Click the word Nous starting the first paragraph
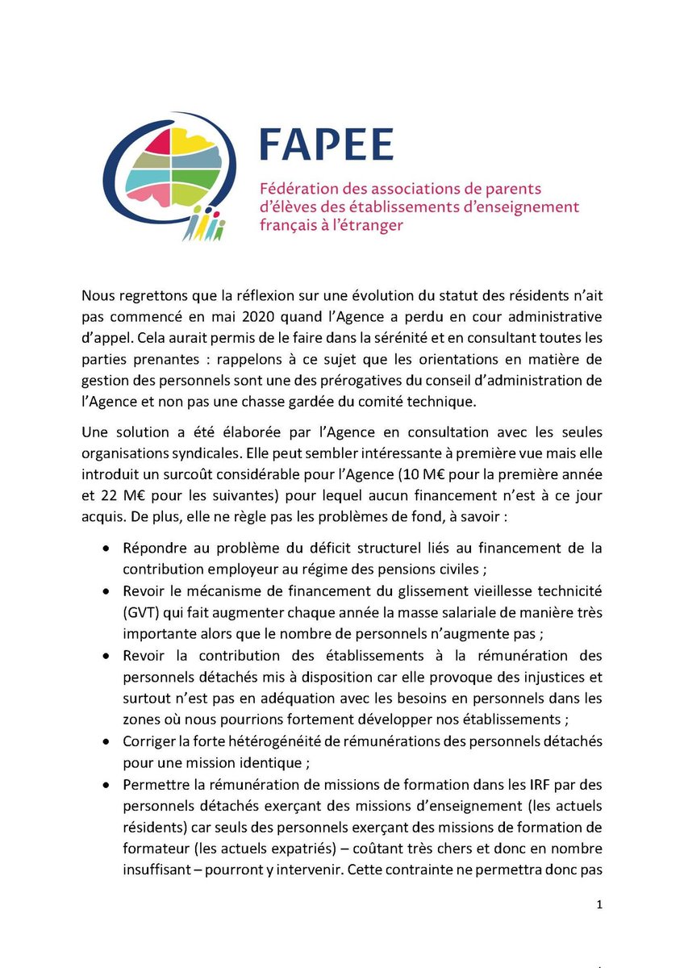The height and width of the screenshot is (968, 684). point(98,292)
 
